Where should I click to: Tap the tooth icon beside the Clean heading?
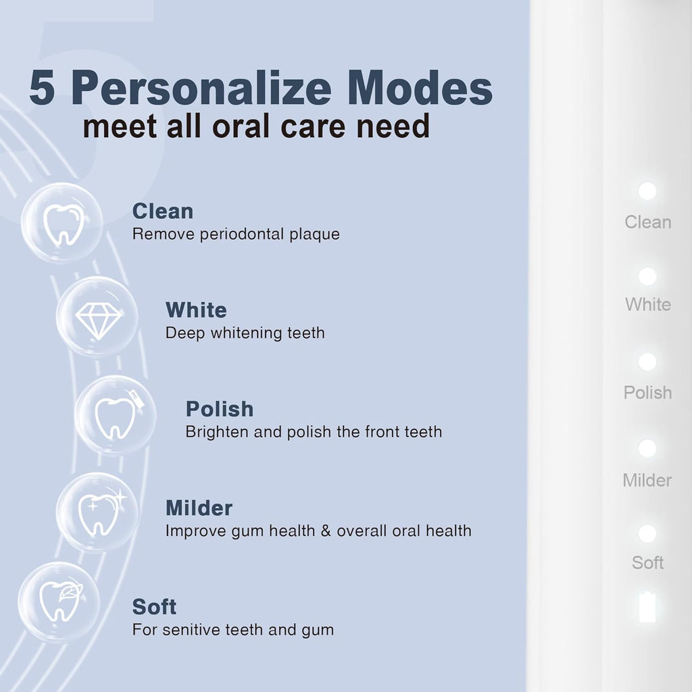pos(62,223)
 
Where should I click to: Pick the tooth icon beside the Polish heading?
pos(116,415)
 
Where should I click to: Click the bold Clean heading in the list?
pos(163,212)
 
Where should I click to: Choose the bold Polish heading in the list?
pos(220,409)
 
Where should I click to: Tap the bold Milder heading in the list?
pos(199,508)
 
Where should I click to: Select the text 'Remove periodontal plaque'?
pos(236,234)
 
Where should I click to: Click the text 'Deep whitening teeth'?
pos(245,333)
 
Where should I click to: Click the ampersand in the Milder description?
pos(325,530)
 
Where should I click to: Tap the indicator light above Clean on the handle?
pos(647,191)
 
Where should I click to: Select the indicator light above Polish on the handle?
pos(647,362)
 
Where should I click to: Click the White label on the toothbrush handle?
pos(647,305)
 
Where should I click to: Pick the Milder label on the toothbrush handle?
pos(647,480)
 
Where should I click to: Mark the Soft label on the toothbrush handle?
pos(647,562)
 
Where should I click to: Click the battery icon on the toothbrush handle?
pos(647,606)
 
